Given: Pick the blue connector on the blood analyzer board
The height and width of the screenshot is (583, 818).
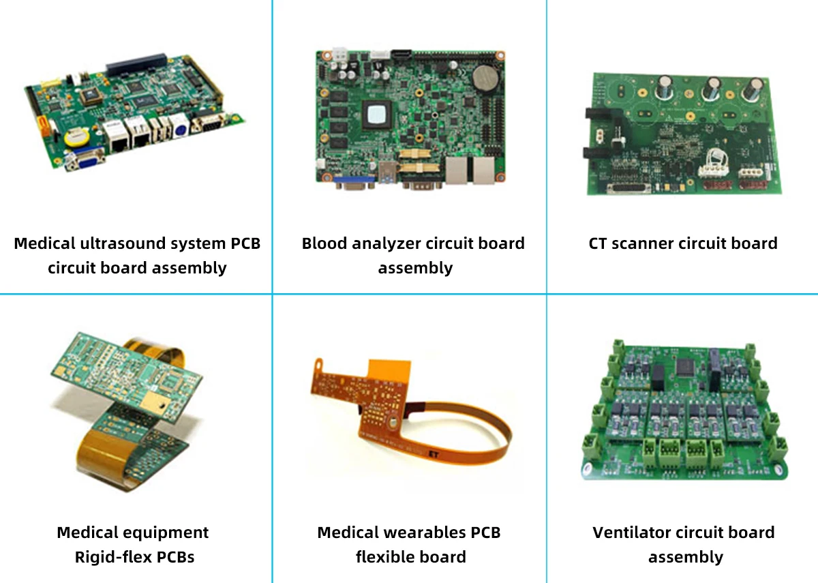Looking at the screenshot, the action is tap(354, 181).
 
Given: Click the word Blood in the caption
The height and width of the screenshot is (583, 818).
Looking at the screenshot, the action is tap(327, 243).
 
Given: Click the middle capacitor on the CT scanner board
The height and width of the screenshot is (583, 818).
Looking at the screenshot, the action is tap(712, 89).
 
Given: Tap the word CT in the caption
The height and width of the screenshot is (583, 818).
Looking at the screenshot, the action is tap(599, 243).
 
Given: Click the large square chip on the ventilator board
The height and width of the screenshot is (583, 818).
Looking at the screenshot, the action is tap(686, 369).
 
